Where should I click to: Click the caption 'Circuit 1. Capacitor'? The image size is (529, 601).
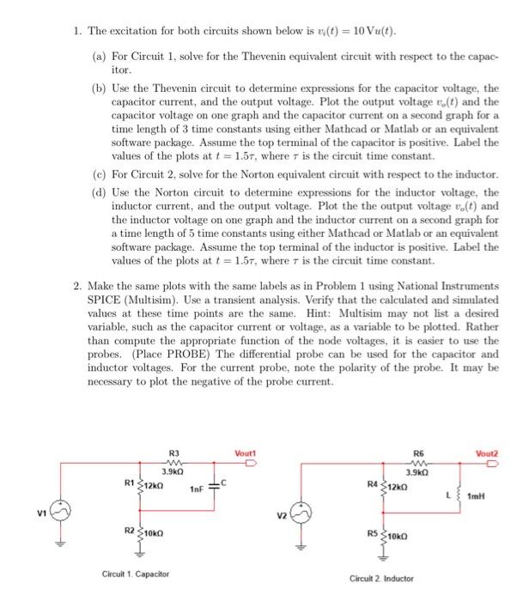click(x=136, y=573)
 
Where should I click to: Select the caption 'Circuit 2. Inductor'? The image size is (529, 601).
click(x=381, y=579)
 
